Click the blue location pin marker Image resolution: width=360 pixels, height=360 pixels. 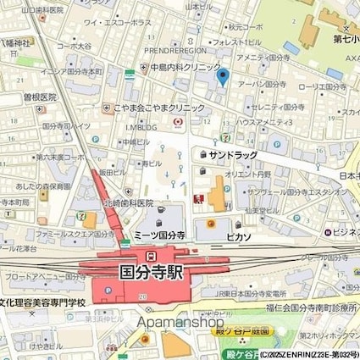point(223,78)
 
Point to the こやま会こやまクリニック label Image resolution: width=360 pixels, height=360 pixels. point(158,108)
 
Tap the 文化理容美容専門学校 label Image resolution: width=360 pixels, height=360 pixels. point(44,302)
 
